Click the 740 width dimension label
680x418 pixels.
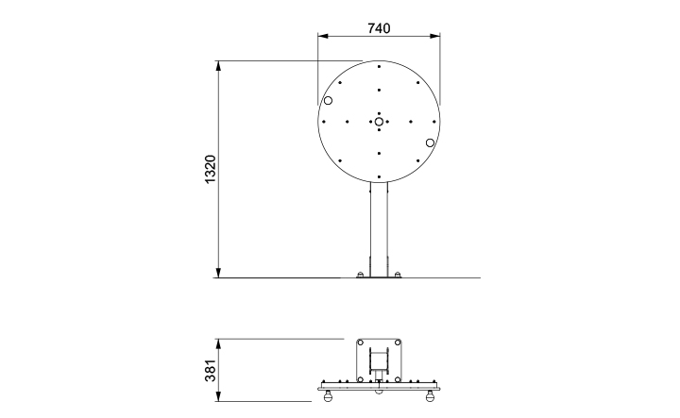pyautogui.click(x=378, y=29)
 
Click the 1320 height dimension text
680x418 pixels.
pyautogui.click(x=211, y=170)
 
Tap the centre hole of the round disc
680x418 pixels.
pyautogui.click(x=378, y=121)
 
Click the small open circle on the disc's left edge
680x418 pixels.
pyautogui.click(x=328, y=100)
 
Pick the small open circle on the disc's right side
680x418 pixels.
pyautogui.click(x=430, y=142)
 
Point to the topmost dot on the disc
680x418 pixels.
pyautogui.click(x=378, y=66)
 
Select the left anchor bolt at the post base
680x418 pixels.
pyautogui.click(x=359, y=276)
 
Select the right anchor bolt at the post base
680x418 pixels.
pyautogui.click(x=398, y=276)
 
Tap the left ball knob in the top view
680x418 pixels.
pyautogui.click(x=327, y=396)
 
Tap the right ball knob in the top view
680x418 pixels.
pyautogui.click(x=432, y=396)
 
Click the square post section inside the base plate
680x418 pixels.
pyautogui.click(x=379, y=359)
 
